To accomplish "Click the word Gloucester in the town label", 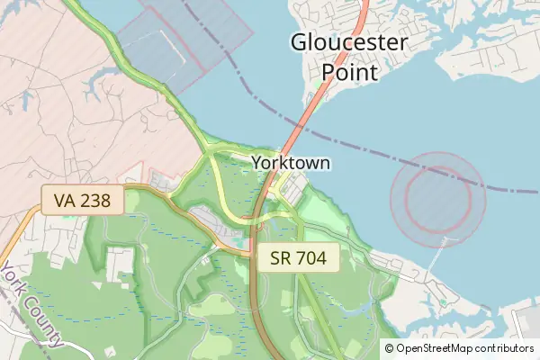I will [349, 42].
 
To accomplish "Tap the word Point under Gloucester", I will [349, 70].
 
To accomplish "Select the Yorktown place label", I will [291, 163].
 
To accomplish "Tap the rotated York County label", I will [31, 306].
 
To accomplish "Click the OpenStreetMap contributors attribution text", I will [459, 348].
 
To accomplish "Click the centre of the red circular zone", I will [438, 195].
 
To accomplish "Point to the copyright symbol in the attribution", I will [390, 348].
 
